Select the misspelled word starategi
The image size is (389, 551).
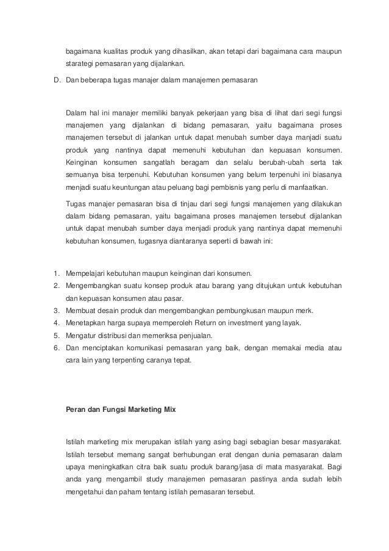(80, 63)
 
